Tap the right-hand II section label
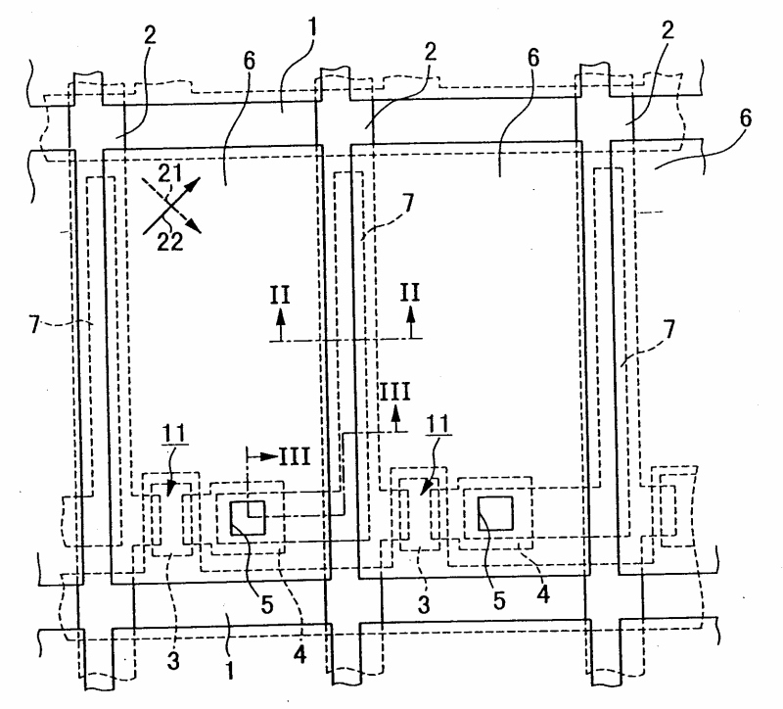410,293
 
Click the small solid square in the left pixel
247,517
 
